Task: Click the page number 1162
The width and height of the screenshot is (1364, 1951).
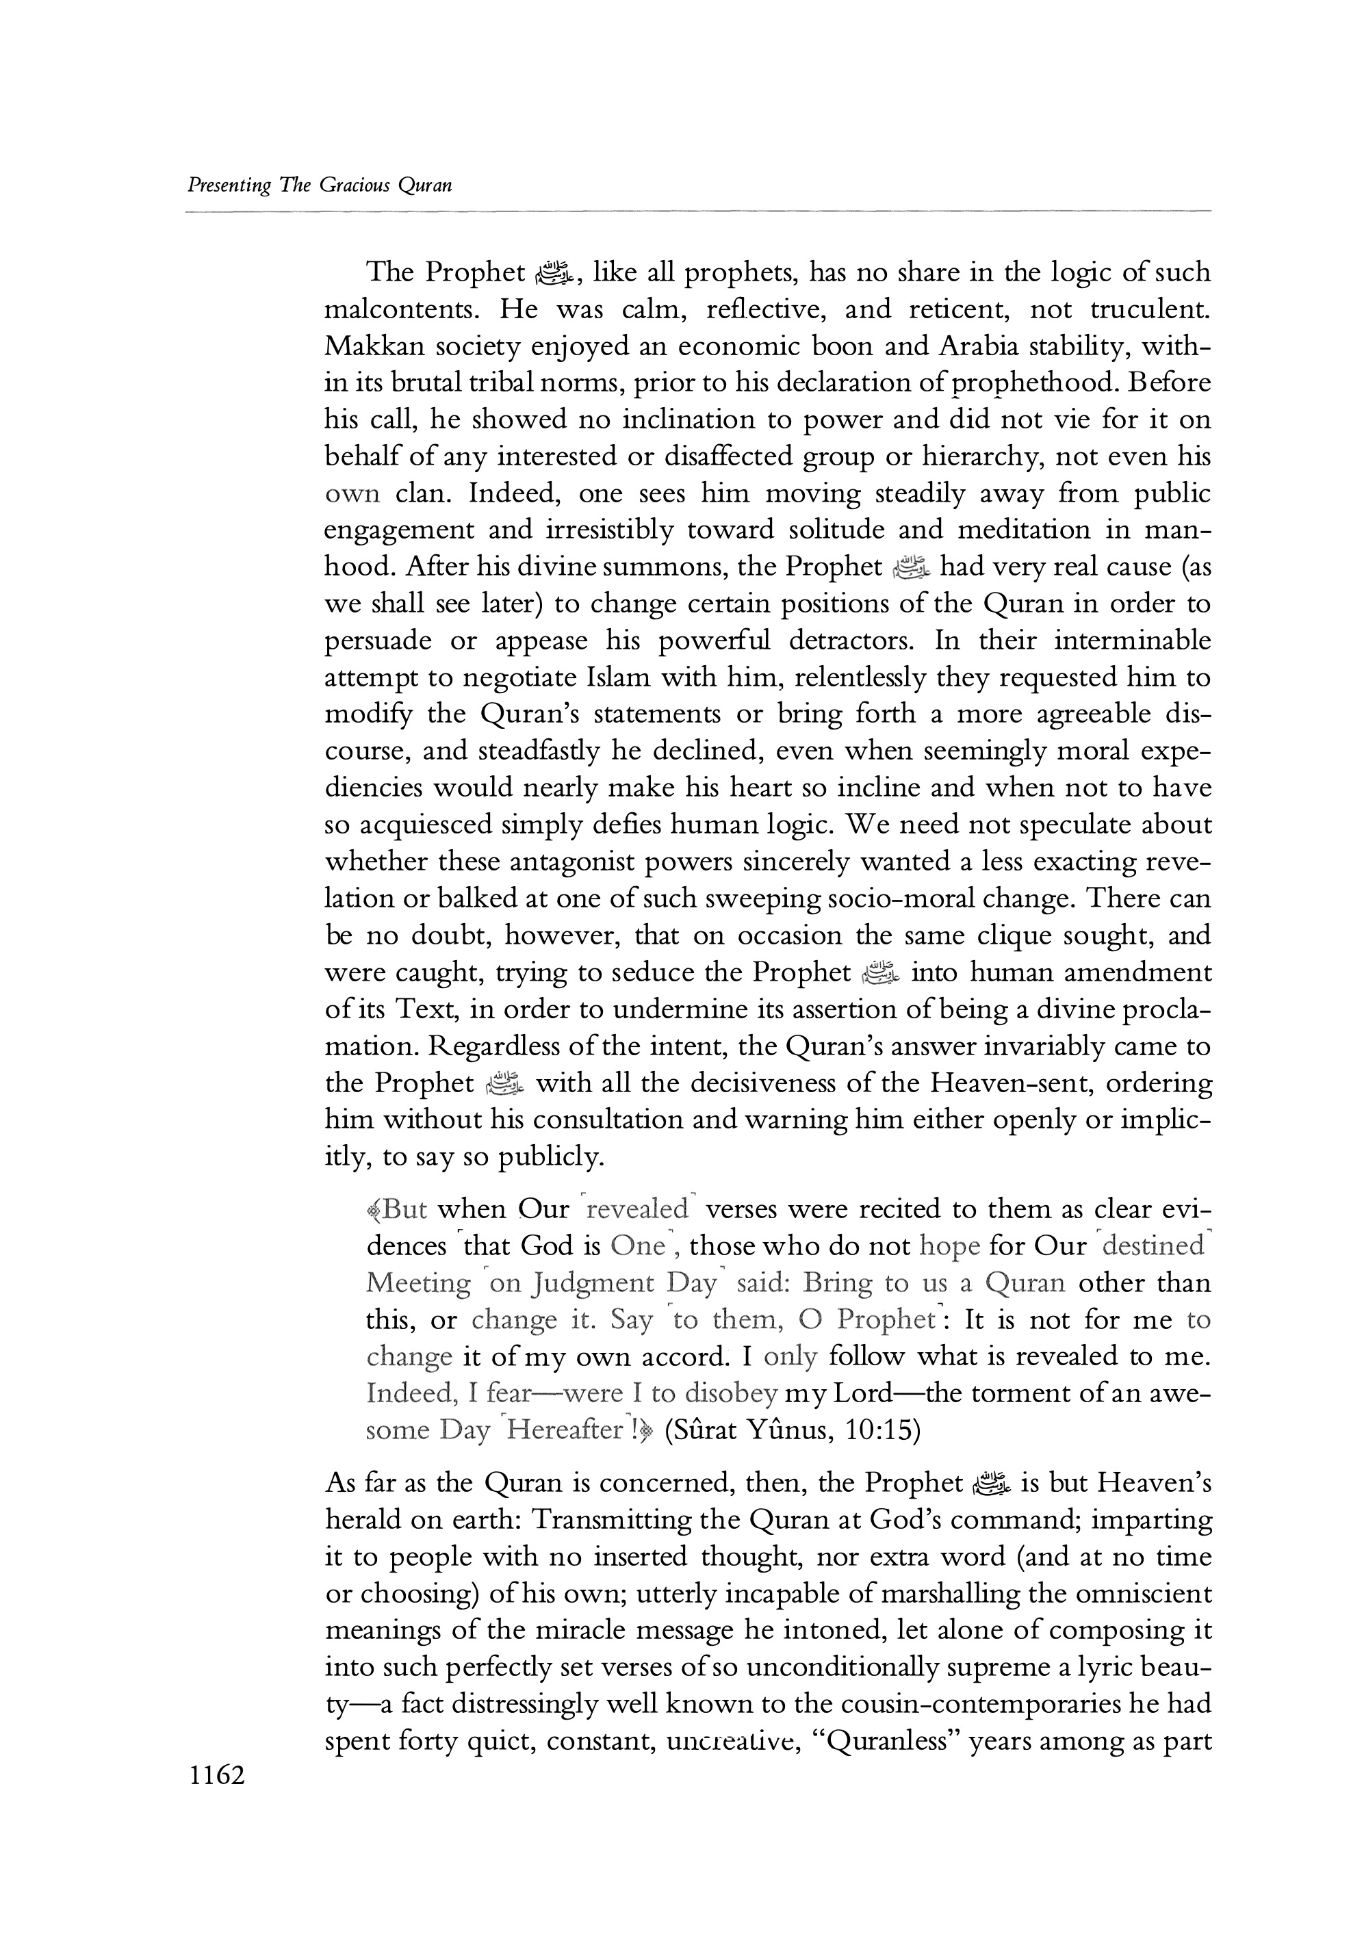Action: pos(218,1775)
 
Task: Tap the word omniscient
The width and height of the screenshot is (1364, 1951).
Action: pos(1143,1594)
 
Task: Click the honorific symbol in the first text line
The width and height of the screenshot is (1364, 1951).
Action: pos(558,274)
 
